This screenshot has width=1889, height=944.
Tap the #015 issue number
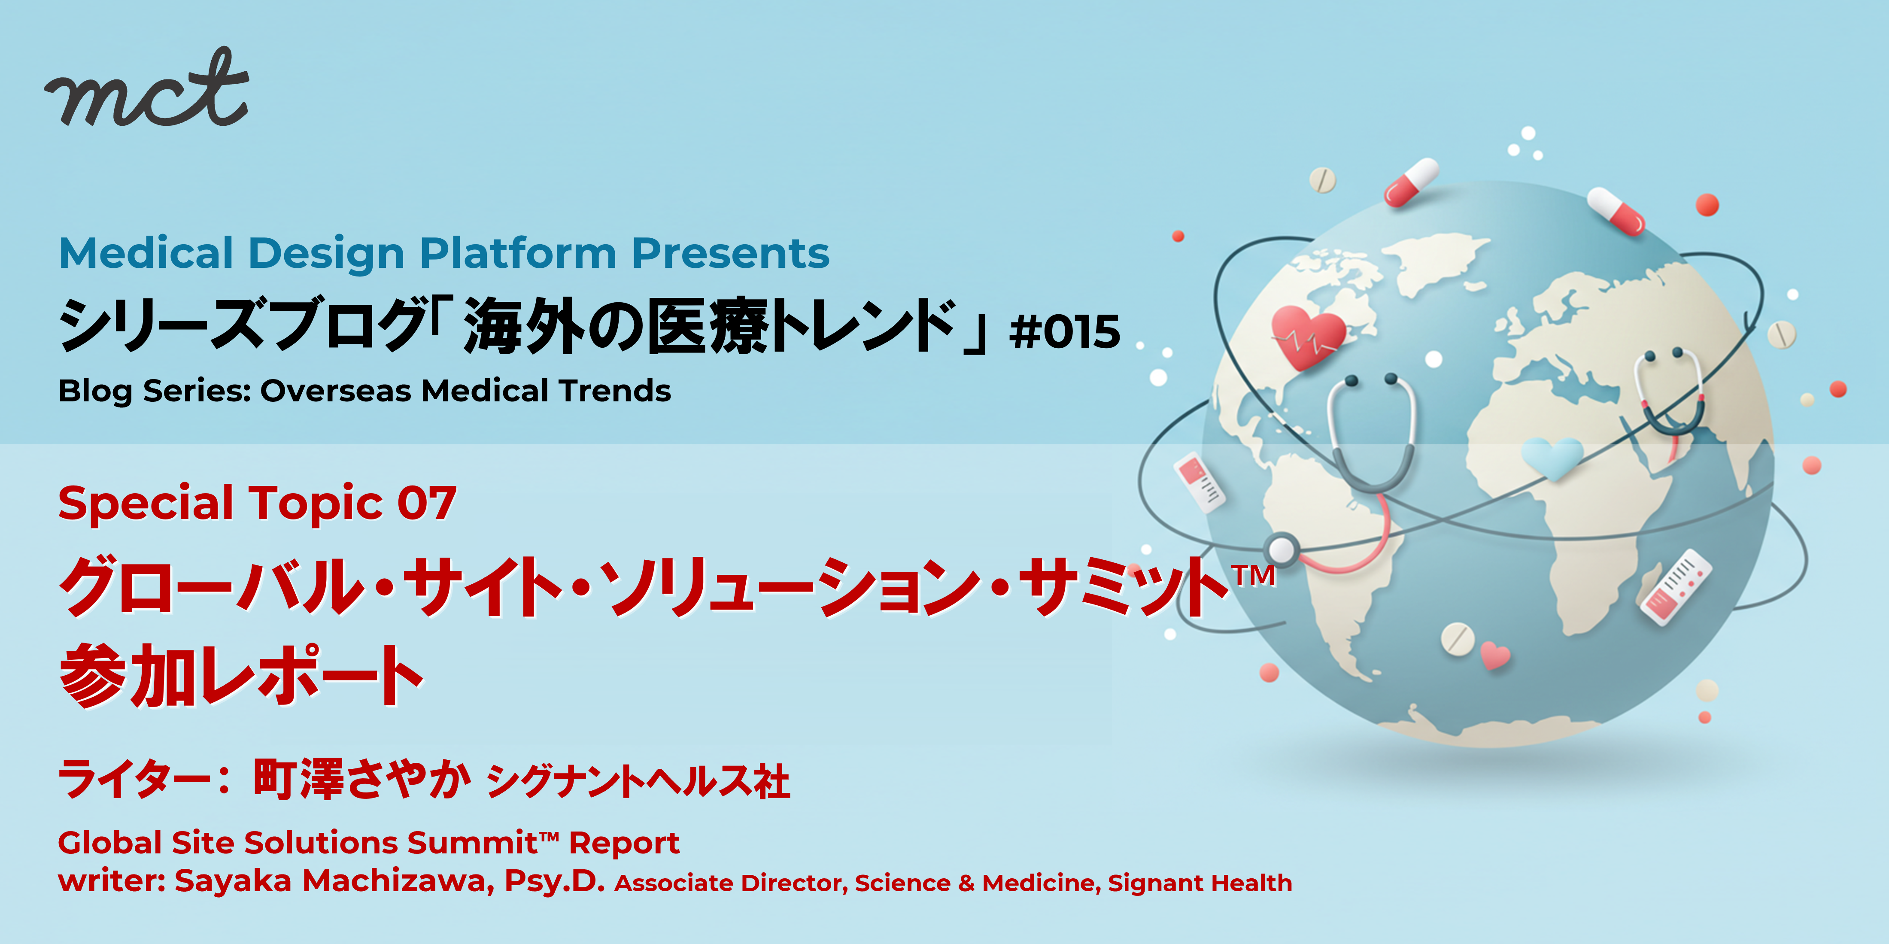tap(1065, 331)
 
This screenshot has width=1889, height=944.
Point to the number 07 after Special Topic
tap(427, 504)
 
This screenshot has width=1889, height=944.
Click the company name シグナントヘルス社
tap(638, 782)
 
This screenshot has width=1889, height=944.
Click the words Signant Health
tap(1200, 883)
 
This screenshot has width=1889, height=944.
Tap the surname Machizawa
tap(398, 881)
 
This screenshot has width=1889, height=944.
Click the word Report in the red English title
tap(624, 844)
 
